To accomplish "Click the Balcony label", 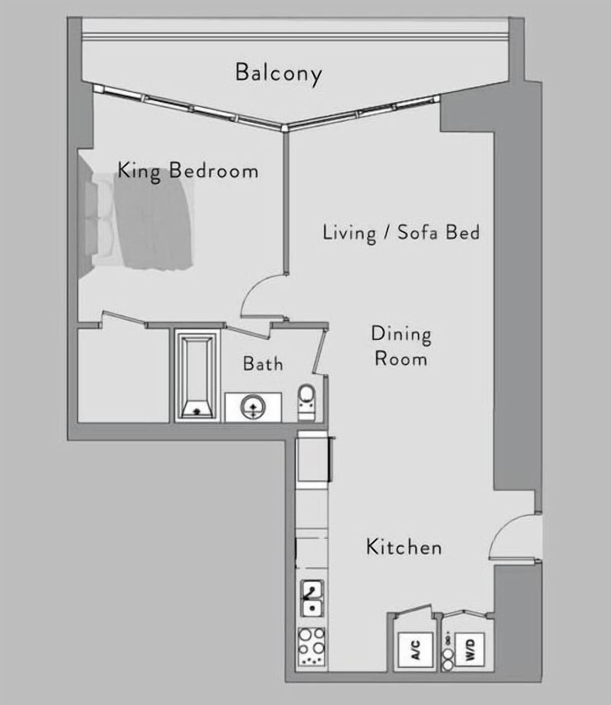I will click(x=278, y=73).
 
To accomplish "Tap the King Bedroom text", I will click(x=188, y=171).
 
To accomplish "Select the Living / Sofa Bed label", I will click(x=401, y=233).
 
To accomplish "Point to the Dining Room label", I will click(x=401, y=347).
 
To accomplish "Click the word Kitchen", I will click(x=404, y=547).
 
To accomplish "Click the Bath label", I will click(x=263, y=364).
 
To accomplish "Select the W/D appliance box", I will click(x=470, y=650).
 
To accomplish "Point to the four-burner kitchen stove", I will click(x=311, y=646).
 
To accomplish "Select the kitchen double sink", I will click(x=312, y=598).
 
